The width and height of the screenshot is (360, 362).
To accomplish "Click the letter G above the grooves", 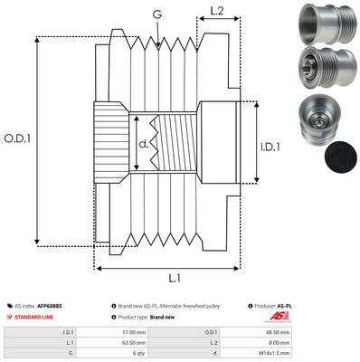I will pyautogui.click(x=157, y=14).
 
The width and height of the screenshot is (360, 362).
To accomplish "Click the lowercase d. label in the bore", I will pyautogui.click(x=142, y=143).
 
